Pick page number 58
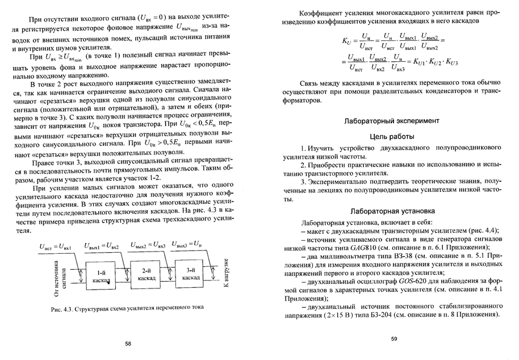click(128, 344)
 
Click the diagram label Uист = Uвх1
click(55, 246)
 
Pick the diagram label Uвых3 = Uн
click(189, 245)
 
